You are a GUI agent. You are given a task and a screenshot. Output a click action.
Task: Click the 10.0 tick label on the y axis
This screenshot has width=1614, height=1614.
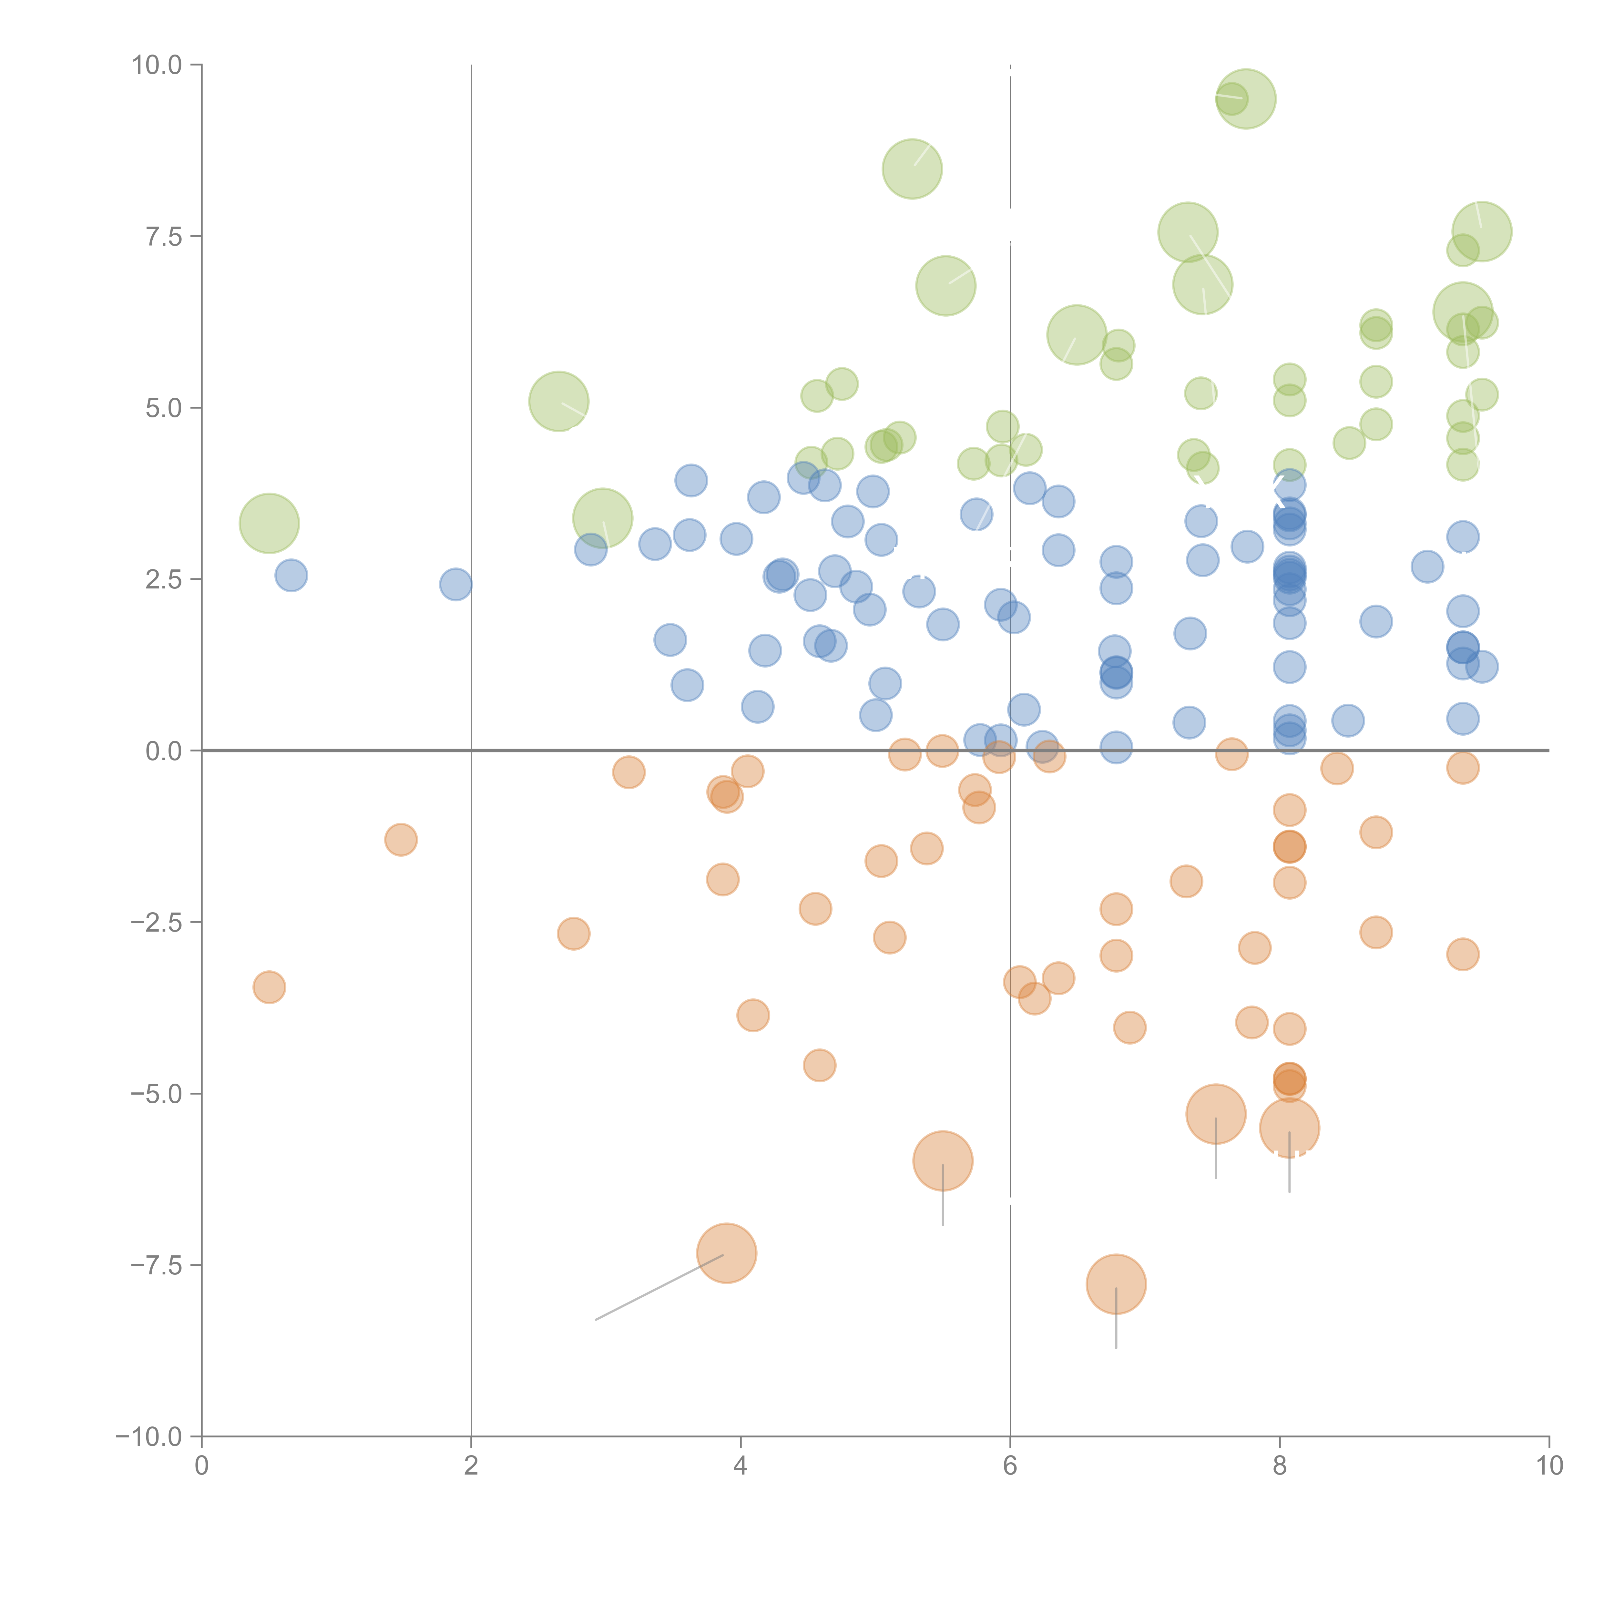pos(157,65)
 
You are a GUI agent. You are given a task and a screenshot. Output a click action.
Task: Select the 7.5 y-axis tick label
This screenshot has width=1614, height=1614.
pos(164,236)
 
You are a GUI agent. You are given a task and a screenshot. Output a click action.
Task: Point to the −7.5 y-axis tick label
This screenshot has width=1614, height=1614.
pos(157,1265)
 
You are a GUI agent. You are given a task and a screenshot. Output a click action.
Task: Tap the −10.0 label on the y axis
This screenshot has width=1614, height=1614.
pos(150,1437)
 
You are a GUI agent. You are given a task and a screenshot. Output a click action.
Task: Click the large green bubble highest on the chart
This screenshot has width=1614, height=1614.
pos(1246,98)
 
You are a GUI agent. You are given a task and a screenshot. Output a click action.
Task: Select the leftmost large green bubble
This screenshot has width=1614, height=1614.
pos(269,523)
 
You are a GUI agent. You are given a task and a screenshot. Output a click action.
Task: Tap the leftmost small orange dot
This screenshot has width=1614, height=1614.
pos(269,987)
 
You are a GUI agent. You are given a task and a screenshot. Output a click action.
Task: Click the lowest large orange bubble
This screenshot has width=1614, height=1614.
pos(1116,1284)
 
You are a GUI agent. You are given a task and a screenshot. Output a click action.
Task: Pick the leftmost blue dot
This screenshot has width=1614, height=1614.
pos(291,576)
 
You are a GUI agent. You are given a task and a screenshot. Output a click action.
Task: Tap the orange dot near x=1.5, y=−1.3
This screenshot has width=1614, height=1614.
pos(401,840)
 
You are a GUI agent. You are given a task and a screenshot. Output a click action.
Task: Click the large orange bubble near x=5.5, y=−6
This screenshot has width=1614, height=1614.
pos(942,1160)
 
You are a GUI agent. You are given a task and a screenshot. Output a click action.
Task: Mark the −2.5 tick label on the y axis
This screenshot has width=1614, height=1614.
pos(157,922)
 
